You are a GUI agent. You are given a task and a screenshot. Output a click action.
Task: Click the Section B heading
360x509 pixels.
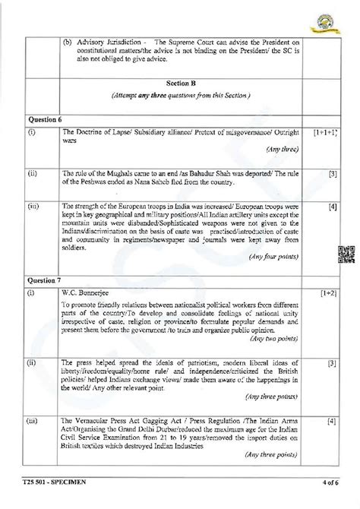tap(181, 81)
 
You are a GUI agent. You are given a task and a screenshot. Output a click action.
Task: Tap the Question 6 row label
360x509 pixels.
tap(44, 119)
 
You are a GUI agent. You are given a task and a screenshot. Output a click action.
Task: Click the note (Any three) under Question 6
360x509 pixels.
tap(280, 149)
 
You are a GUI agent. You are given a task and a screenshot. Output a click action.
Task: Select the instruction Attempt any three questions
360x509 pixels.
tap(181, 96)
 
